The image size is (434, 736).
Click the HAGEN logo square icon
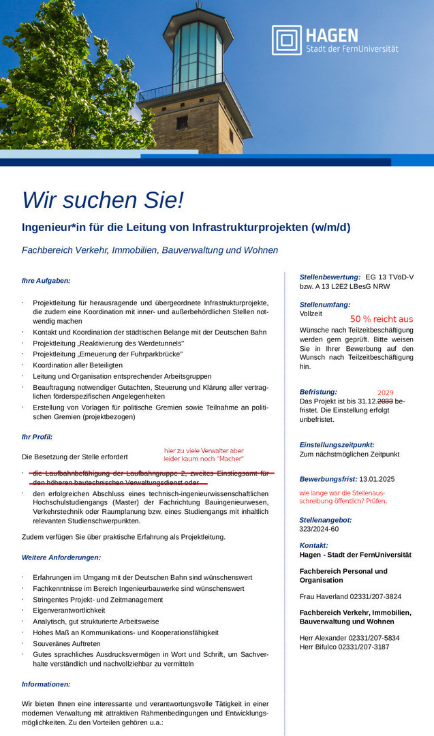286,40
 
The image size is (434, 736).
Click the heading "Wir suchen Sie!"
103,200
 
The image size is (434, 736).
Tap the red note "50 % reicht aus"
382,319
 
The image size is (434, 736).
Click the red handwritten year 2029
386,393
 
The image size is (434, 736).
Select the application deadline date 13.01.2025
377,479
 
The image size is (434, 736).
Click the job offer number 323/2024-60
319,529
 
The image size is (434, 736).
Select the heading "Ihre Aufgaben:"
46,280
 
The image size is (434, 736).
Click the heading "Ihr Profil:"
37,437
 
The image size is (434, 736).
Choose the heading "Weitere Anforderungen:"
61,557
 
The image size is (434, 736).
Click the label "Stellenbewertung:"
330,277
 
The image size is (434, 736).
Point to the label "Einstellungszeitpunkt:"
337,444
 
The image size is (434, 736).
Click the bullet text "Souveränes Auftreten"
67,643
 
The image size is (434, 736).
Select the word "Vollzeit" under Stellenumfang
311,314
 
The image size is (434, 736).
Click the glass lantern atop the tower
198,49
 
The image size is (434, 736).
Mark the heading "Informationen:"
46,684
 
